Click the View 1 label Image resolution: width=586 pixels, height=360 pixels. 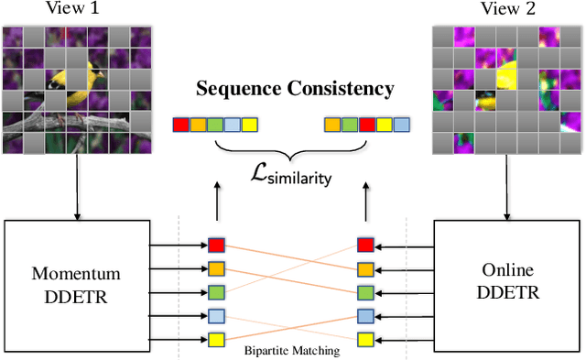[76, 10]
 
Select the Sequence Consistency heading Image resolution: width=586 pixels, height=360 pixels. [293, 89]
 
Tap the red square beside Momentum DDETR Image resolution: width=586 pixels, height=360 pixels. [216, 245]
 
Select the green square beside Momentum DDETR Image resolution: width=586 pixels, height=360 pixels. [216, 292]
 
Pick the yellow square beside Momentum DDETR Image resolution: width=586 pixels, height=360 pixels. [216, 340]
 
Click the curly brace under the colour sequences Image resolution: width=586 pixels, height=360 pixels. [293, 147]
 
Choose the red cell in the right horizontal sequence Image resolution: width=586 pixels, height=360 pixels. [365, 123]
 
